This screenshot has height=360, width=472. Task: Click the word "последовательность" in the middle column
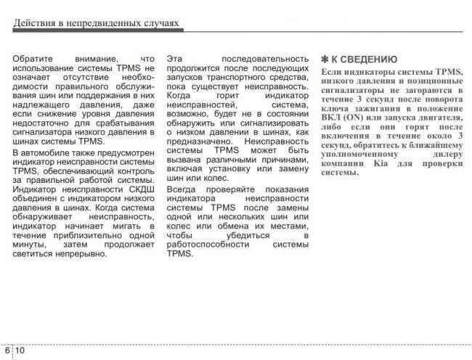[269, 58]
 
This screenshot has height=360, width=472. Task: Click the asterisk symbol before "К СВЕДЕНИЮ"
[324, 60]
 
